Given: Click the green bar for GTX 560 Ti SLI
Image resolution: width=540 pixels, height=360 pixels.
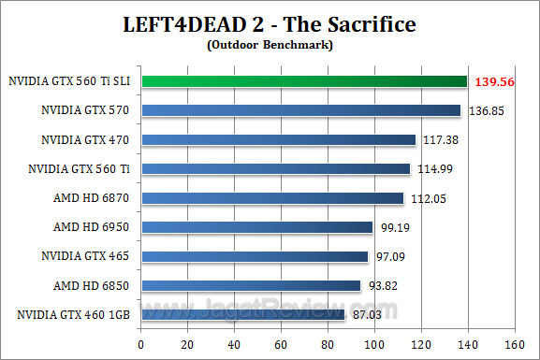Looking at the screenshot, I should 303,81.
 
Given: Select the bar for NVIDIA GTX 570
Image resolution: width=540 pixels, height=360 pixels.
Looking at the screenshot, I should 300,110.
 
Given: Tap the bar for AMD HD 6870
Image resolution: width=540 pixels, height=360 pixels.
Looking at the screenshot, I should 271,198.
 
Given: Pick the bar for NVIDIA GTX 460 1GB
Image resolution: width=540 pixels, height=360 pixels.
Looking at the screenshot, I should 242,314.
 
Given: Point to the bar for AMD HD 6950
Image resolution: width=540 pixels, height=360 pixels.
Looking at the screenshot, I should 256,227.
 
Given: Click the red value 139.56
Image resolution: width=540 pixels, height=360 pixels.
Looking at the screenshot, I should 496,82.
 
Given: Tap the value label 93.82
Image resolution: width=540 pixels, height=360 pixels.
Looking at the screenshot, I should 382,286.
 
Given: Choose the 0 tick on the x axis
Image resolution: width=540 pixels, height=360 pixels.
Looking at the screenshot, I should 140,344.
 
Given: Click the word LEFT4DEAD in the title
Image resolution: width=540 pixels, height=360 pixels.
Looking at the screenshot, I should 187,23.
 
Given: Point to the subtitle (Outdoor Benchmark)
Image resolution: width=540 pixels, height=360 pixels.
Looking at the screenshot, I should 270,44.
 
